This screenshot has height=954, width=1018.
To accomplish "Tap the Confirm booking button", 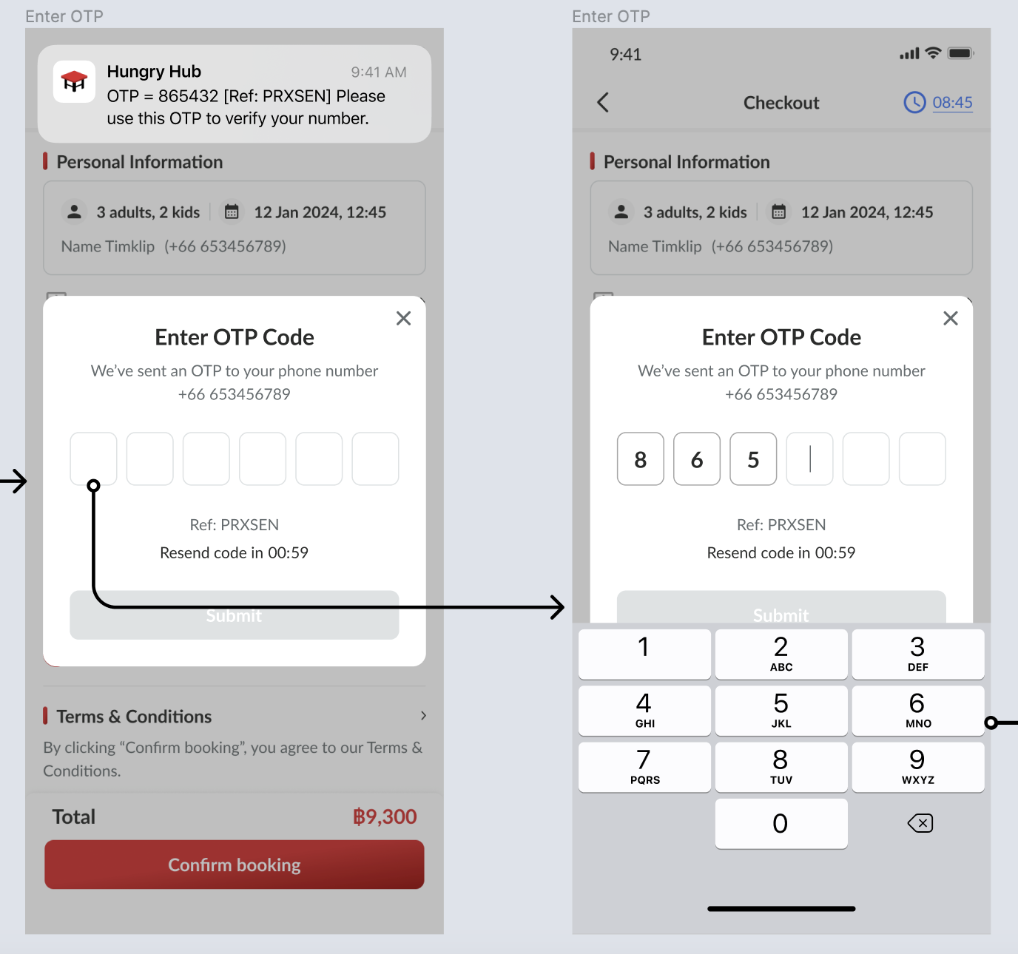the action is [x=235, y=865].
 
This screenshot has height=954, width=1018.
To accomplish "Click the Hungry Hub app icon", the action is [x=74, y=81].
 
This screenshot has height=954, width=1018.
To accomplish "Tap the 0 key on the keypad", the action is [x=781, y=823].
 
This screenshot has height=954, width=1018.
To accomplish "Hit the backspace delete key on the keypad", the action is [x=920, y=823].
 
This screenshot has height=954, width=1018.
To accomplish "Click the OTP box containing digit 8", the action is [x=640, y=459].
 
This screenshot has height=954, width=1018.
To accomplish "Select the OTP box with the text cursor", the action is [x=809, y=459].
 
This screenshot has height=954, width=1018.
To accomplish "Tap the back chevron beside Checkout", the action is [x=603, y=103].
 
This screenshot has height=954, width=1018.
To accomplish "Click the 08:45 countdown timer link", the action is [x=952, y=103].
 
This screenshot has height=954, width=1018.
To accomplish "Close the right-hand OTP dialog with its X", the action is [x=951, y=318].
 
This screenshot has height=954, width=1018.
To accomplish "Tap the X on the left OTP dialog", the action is [x=403, y=318].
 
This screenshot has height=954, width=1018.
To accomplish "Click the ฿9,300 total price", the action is [x=385, y=816].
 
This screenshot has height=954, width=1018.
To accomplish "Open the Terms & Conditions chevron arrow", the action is [x=423, y=716].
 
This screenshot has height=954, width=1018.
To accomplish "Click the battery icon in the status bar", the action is [x=960, y=53].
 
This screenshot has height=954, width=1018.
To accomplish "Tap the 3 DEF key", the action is [x=917, y=654].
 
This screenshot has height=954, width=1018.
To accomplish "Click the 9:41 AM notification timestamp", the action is [x=378, y=72].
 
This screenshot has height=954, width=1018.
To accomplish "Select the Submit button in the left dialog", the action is [x=235, y=615].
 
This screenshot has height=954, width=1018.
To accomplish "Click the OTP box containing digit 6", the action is [x=697, y=459].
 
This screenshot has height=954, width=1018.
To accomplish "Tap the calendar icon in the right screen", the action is [x=778, y=212].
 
